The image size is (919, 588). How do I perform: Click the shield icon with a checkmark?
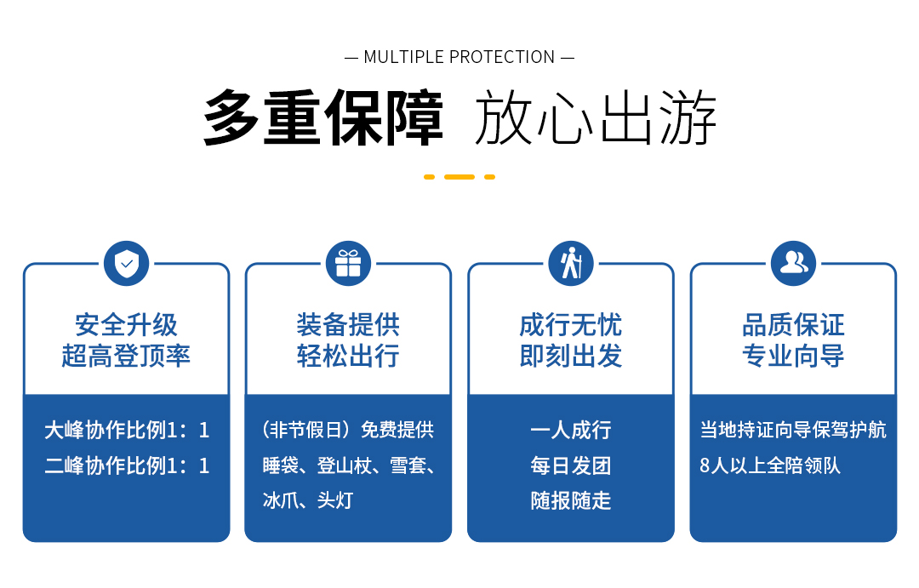[x=126, y=264]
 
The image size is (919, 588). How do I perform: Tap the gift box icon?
[x=348, y=264]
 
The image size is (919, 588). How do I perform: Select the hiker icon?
[x=571, y=264]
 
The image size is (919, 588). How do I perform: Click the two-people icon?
[x=794, y=264]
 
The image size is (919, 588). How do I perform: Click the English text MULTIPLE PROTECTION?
[x=459, y=57]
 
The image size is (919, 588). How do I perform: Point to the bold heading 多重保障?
[x=323, y=117]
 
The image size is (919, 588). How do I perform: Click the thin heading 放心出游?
[x=596, y=117]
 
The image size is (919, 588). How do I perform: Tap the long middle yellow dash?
[x=459, y=176]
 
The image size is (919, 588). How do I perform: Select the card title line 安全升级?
[x=126, y=325]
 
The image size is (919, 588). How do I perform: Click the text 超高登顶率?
[x=126, y=356]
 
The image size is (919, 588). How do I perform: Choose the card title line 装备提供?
[x=348, y=325]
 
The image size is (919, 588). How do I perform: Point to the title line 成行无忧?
[x=571, y=325]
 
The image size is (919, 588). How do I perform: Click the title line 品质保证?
[x=794, y=325]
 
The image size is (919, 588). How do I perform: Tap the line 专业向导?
[x=794, y=356]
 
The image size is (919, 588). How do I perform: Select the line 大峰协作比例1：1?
[x=127, y=431]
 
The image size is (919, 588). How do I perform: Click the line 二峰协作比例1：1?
[x=127, y=466]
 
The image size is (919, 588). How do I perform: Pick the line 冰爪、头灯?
[x=308, y=500]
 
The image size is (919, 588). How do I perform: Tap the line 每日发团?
[x=571, y=466]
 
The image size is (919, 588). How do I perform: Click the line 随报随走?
[x=571, y=500]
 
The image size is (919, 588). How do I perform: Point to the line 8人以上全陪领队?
[x=770, y=465]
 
